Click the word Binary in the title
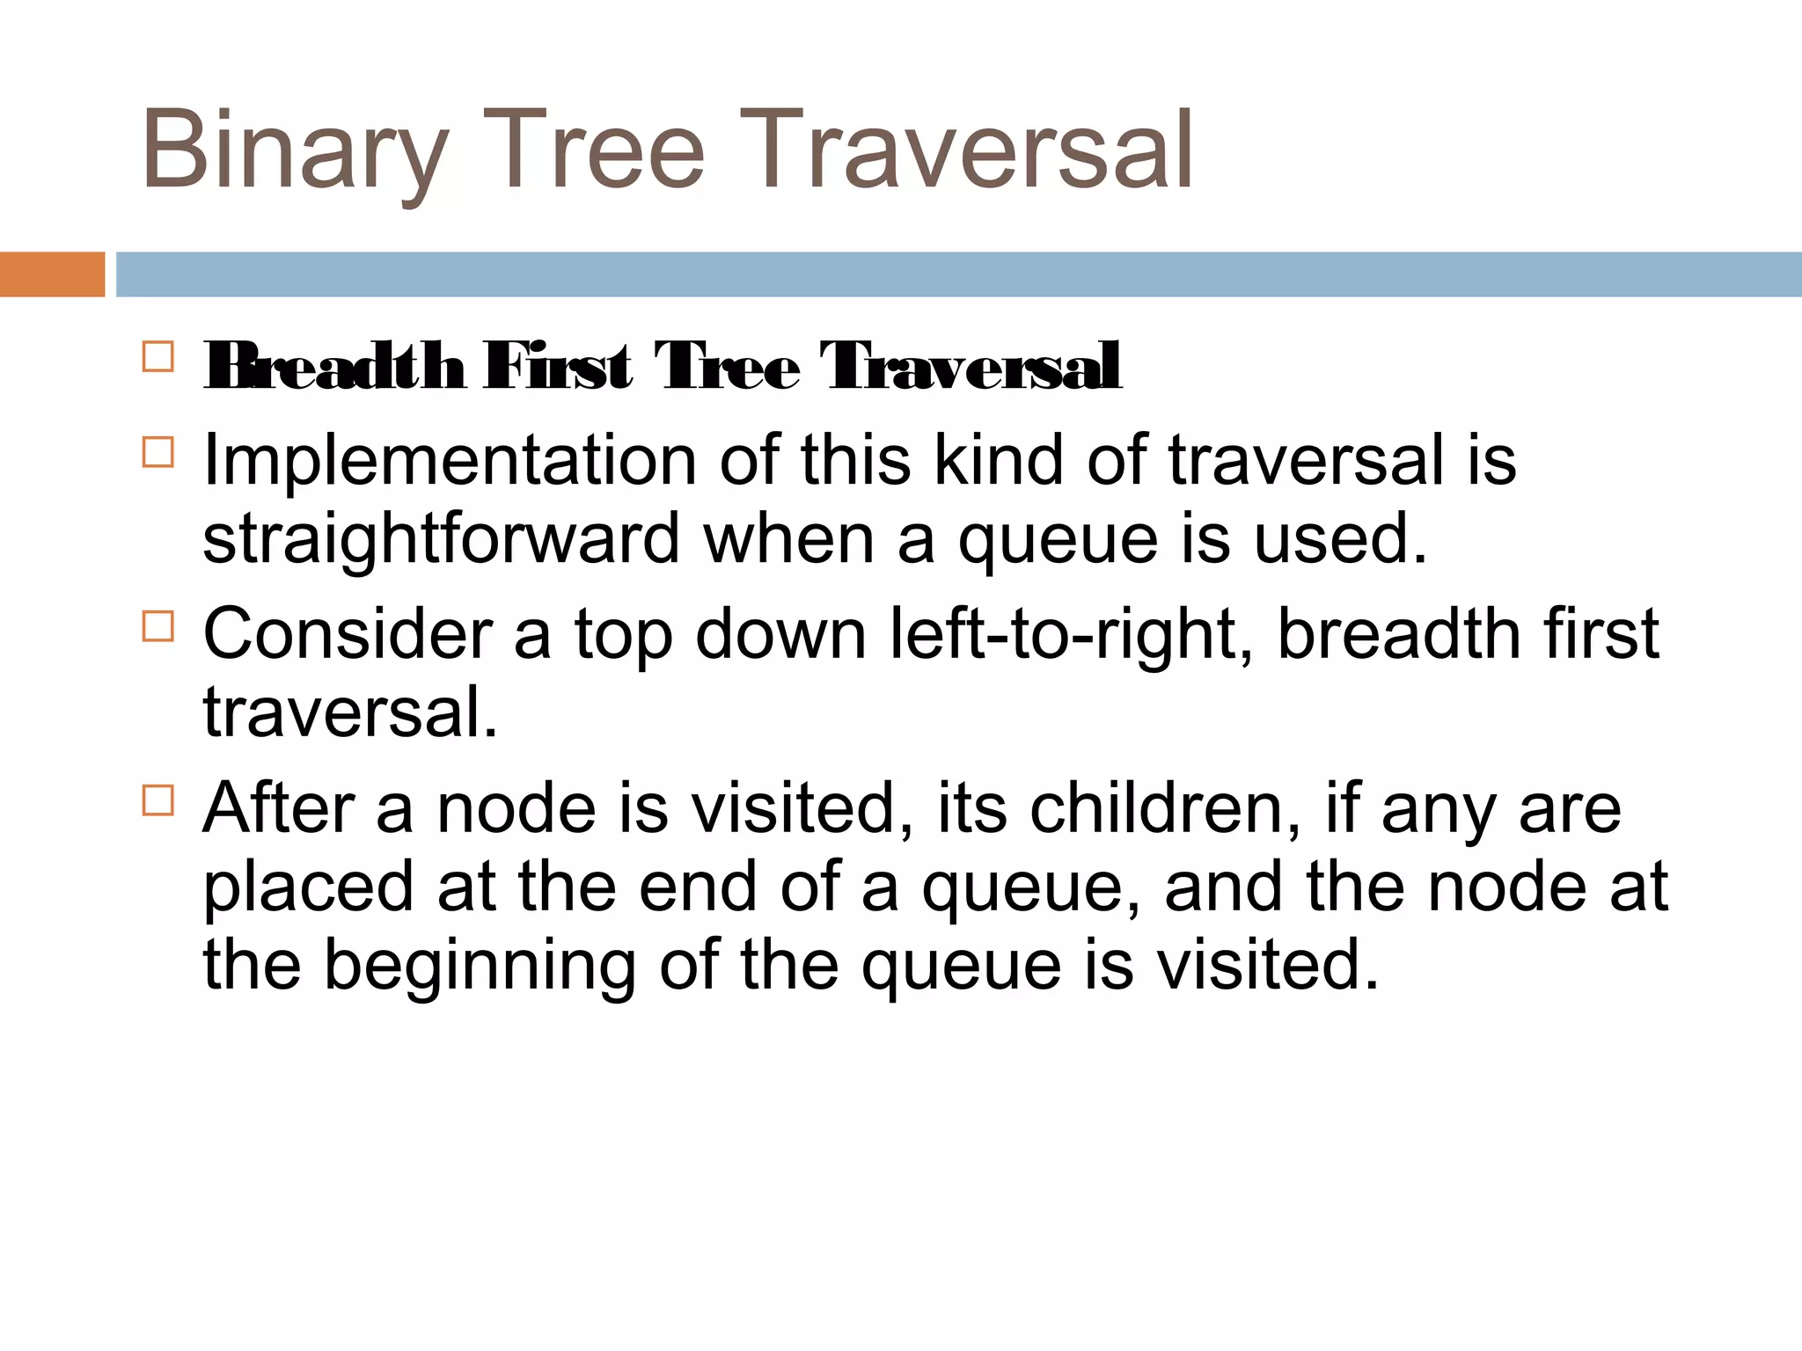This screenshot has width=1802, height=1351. tap(296, 150)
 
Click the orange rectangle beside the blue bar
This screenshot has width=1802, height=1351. tap(52, 274)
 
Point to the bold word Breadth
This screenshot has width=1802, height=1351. tap(334, 366)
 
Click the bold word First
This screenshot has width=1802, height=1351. tap(557, 366)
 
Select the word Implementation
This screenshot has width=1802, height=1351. tap(450, 460)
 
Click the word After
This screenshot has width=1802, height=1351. tap(279, 808)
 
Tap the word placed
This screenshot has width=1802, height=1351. tap(308, 887)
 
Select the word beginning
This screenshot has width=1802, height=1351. tap(480, 965)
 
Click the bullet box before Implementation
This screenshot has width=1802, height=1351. tap(157, 452)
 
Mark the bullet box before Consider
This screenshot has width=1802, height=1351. tap(157, 626)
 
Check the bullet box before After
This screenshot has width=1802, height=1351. tap(157, 800)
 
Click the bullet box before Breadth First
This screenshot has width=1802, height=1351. tap(157, 357)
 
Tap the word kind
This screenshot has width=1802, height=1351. tap(999, 460)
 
